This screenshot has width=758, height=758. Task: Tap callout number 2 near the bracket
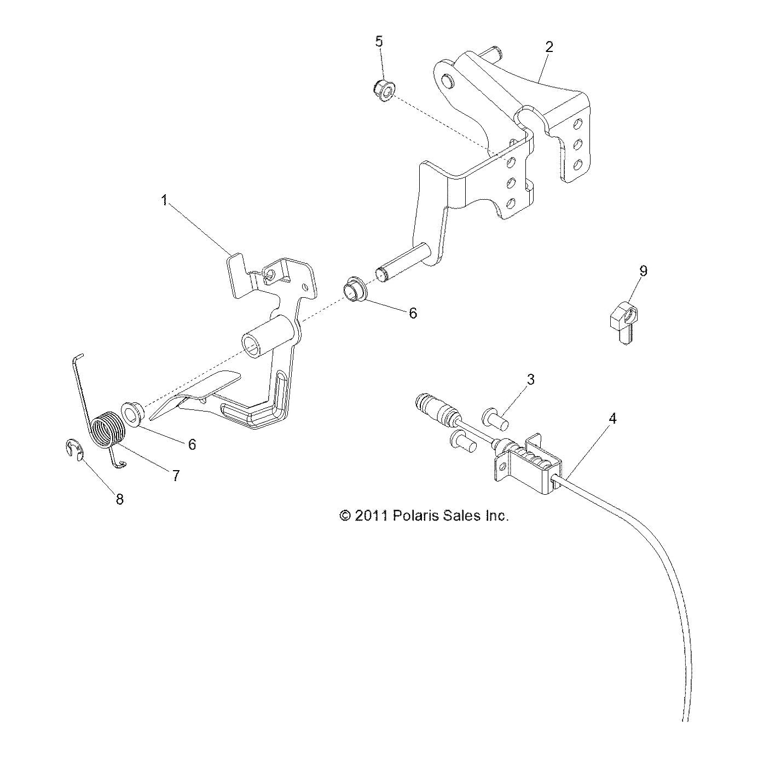point(548,47)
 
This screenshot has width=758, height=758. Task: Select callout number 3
point(530,379)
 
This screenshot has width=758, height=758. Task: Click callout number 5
point(379,42)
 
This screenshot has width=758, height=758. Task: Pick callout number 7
point(176,476)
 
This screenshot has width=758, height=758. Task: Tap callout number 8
point(119,499)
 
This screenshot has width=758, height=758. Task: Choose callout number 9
point(643,271)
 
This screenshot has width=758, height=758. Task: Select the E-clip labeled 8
point(73,449)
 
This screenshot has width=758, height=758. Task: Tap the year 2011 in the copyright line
point(371,516)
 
